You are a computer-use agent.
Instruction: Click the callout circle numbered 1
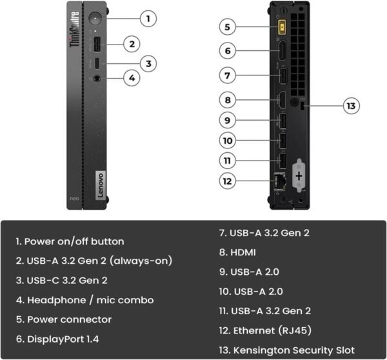click(x=148, y=18)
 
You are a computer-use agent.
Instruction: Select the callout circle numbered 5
click(x=227, y=27)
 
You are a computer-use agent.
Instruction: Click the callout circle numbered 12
click(x=227, y=181)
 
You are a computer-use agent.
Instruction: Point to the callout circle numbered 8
click(x=227, y=99)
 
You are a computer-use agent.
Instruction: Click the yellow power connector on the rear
click(x=281, y=28)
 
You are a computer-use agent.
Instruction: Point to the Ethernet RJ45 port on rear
click(x=281, y=182)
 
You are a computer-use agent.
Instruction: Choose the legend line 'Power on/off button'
click(x=70, y=241)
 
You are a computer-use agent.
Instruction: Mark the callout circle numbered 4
click(x=132, y=78)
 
